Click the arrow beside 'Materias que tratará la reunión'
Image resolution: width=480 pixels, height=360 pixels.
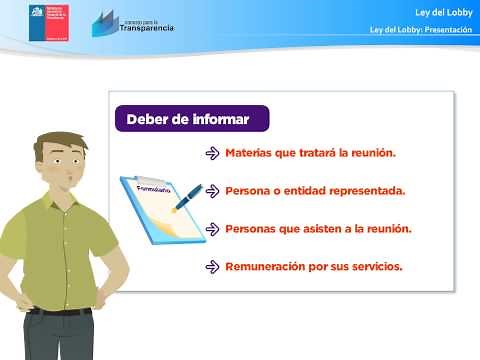coord(212,154)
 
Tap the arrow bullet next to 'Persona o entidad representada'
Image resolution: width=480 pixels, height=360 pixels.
coord(212,191)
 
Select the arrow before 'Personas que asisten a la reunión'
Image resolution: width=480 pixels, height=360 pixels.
coord(212,229)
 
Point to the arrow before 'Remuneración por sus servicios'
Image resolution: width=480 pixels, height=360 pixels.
coord(212,267)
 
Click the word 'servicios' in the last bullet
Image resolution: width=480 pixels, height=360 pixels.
coord(374,267)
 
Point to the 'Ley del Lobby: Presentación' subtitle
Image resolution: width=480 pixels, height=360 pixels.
coord(420,30)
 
